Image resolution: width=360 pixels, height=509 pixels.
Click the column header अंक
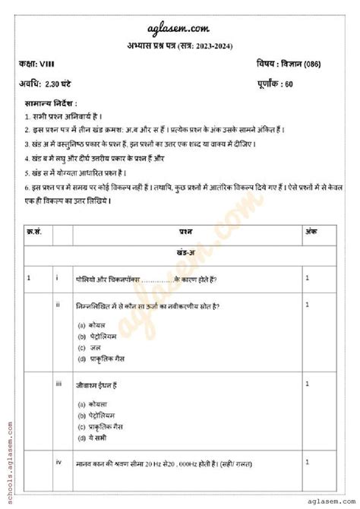[311, 229]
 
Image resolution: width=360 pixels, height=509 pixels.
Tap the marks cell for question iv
[307, 462]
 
